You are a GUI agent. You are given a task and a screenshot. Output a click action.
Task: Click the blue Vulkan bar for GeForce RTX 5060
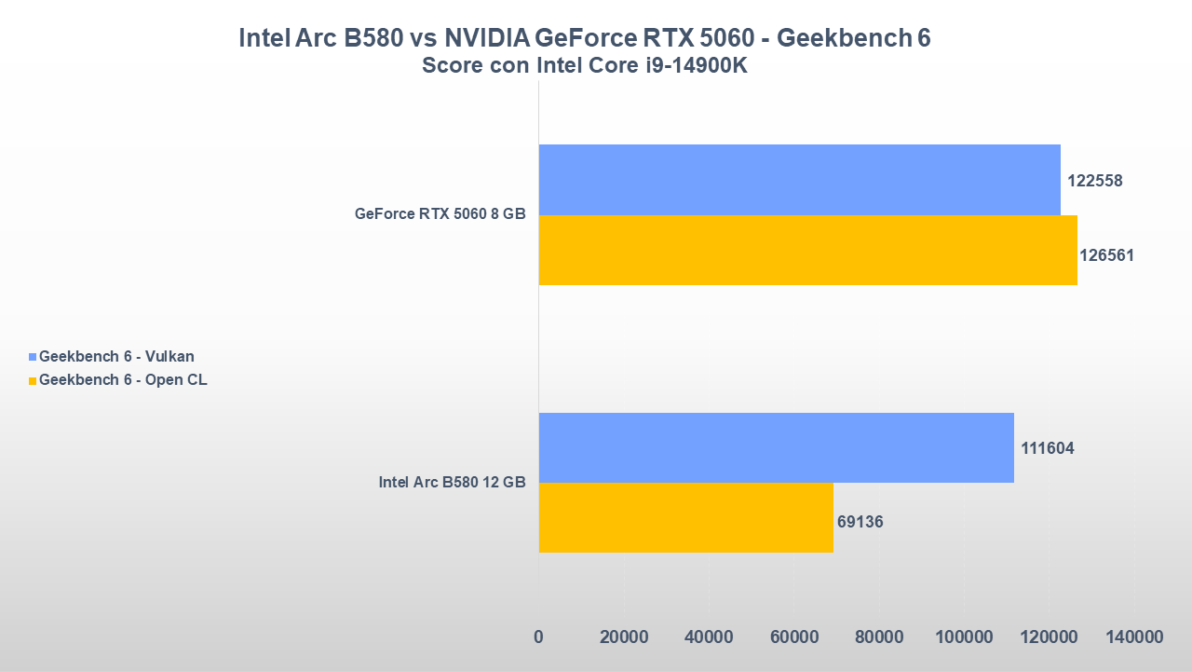[799, 180]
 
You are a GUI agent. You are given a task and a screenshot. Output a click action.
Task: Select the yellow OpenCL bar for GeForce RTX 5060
[807, 250]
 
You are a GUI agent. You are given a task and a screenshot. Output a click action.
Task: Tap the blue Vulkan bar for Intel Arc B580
[776, 447]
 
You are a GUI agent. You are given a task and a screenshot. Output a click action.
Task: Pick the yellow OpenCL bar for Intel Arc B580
[685, 517]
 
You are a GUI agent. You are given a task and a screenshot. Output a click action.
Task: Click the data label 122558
[1094, 181]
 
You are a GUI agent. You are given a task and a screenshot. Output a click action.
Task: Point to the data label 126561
[1106, 254]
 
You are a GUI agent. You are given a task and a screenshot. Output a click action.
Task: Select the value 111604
[1047, 448]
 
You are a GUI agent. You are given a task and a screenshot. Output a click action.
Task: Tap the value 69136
[860, 522]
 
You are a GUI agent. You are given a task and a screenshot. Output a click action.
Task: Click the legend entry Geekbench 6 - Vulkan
[116, 356]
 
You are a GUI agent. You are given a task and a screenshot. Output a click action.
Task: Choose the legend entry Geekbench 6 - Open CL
[123, 379]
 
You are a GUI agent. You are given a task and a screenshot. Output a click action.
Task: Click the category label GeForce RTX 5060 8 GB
[440, 213]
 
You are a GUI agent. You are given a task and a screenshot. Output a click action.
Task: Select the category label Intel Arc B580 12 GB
[452, 482]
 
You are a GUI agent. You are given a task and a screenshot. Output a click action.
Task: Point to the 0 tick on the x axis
[538, 637]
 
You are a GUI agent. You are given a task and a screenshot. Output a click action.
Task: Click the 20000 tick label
[623, 637]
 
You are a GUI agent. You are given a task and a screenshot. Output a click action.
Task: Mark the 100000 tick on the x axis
[964, 637]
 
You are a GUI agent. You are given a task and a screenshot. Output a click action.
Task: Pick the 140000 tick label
[1134, 637]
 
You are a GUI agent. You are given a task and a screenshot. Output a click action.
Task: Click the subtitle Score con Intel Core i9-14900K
[584, 66]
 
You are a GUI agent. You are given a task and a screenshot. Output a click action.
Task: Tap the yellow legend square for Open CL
[34, 380]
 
